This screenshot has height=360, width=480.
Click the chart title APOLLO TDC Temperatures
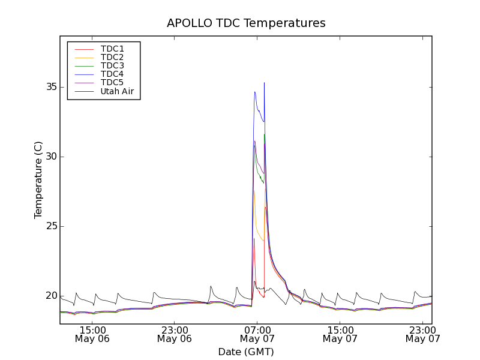click(246, 23)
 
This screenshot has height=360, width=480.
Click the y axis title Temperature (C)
click(38, 180)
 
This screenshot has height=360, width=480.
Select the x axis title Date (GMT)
click(246, 352)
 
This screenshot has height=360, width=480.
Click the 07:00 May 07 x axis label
click(257, 334)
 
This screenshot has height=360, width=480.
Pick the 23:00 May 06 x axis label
click(175, 334)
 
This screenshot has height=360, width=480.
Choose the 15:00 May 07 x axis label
click(340, 334)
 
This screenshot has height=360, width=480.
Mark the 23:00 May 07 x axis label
click(422, 334)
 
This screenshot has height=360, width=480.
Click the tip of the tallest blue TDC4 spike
click(264, 83)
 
